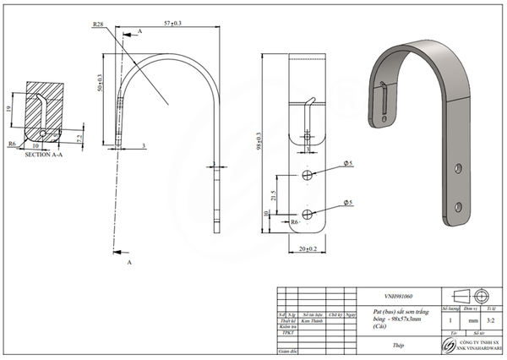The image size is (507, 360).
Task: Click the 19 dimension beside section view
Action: pyautogui.click(x=8, y=109)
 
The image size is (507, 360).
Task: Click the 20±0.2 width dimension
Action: pyautogui.click(x=309, y=250)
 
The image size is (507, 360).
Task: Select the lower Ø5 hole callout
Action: pyautogui.click(x=347, y=200)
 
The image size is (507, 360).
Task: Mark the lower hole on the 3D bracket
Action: pyautogui.click(x=459, y=206)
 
